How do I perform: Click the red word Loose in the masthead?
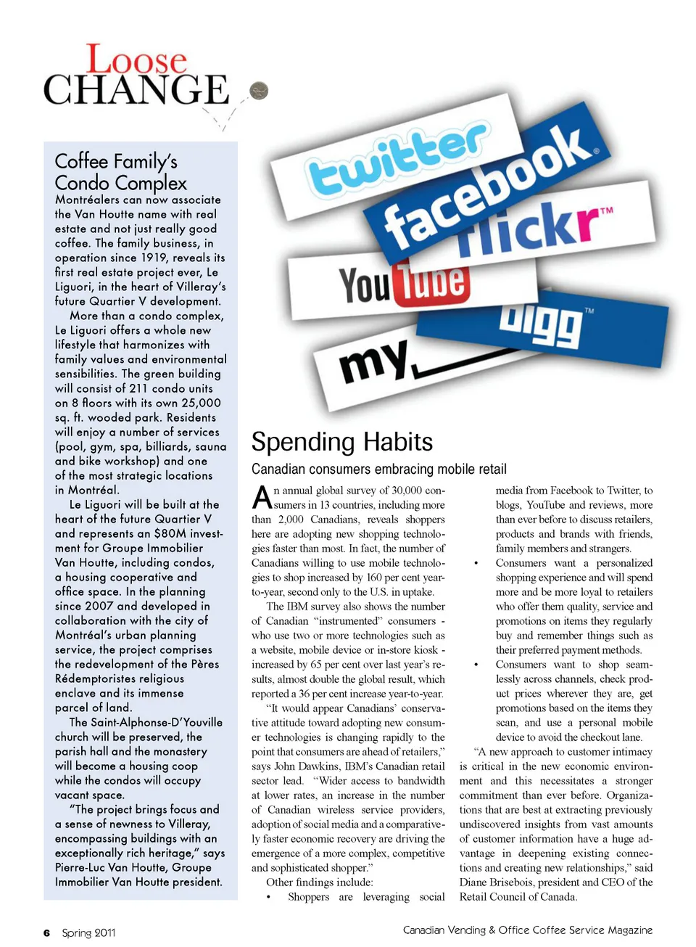[x=137, y=60]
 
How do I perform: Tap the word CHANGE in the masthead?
[x=136, y=91]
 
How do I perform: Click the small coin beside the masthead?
[x=259, y=91]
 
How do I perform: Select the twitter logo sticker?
[x=397, y=157]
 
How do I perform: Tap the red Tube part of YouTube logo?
[x=433, y=282]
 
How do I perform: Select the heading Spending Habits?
[x=342, y=442]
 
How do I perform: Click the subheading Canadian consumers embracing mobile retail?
[x=379, y=470]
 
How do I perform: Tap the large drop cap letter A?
[x=262, y=498]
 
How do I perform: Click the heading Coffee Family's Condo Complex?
[x=120, y=172]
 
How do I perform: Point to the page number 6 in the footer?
[x=46, y=933]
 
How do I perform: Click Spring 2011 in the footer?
[x=88, y=933]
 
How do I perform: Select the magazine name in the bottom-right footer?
[x=528, y=930]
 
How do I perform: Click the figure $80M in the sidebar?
[x=171, y=533]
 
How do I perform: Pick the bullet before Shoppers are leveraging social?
[x=268, y=898]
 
